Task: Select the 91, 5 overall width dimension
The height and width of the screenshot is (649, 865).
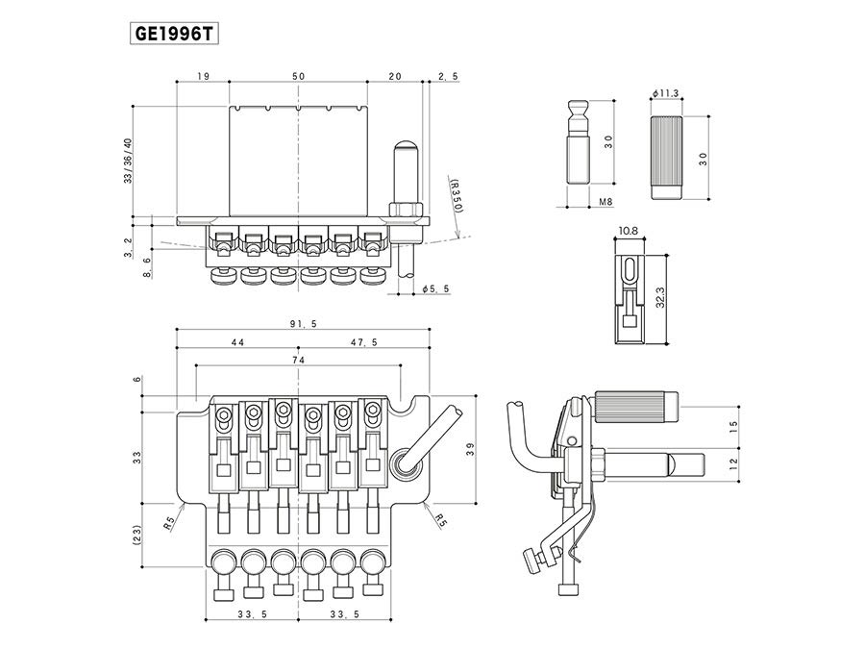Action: [x=299, y=325]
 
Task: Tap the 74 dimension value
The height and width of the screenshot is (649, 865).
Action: [x=299, y=360]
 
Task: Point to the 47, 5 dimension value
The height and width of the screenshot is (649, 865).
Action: [x=364, y=342]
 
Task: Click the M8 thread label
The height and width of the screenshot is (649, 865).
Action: [x=605, y=203]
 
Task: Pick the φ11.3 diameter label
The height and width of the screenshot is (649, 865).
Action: [x=665, y=92]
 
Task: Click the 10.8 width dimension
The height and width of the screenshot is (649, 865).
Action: [x=629, y=232]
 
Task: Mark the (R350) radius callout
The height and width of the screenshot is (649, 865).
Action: [x=456, y=194]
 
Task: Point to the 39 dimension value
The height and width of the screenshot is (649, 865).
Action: [x=469, y=450]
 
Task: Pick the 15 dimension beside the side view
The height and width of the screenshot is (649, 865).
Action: [x=733, y=425]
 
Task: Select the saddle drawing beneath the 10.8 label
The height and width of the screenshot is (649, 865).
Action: [x=628, y=299]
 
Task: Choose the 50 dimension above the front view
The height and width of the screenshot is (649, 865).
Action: [x=298, y=76]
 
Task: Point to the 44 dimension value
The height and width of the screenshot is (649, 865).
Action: [x=236, y=342]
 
